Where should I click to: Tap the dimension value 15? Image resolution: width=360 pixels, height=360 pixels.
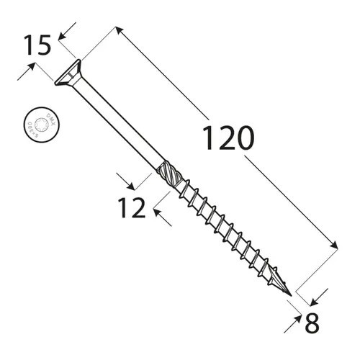tap(36, 45)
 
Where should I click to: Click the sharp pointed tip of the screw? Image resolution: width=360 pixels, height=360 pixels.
tap(292, 297)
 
